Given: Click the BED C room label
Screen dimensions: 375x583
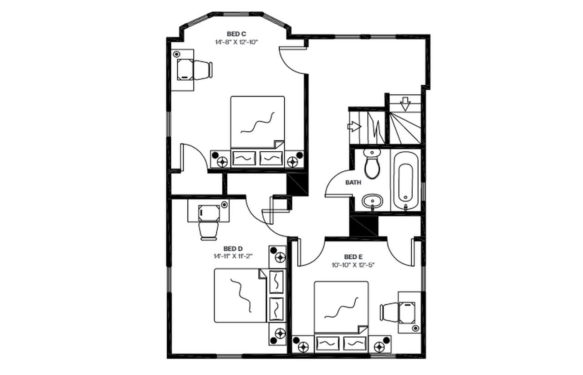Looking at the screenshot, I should [x=236, y=34].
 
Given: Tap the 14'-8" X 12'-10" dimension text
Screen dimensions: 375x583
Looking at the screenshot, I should [x=236, y=42].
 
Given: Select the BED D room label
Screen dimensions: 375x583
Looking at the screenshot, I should [x=233, y=248].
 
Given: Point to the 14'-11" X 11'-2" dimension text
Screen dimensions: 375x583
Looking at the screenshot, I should [x=233, y=256].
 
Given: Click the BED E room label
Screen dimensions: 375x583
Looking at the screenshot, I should [x=353, y=257].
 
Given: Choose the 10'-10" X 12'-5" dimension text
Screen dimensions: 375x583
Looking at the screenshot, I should [x=353, y=264].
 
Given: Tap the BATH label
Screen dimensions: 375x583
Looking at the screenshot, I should [x=353, y=182].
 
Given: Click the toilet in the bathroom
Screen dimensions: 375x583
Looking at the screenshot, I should [x=372, y=165].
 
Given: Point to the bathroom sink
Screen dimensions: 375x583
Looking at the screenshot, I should [x=372, y=201].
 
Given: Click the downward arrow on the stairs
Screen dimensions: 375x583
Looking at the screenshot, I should [x=405, y=105].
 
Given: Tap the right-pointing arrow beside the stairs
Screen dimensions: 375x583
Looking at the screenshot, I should [x=354, y=126].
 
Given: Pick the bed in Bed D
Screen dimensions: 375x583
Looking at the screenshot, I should [x=240, y=295].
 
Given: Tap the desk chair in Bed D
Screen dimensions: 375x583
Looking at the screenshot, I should [x=209, y=230].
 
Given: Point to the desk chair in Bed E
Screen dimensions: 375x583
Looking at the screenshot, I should [x=390, y=312].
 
